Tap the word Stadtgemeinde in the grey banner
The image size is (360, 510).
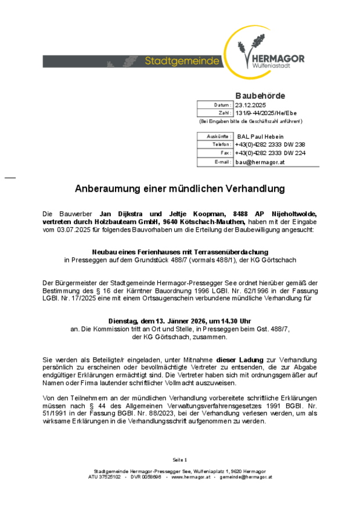coord(182,61)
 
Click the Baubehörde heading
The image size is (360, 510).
coord(260,95)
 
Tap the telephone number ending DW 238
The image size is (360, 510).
coord(270,144)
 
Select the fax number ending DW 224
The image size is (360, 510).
coord(270,153)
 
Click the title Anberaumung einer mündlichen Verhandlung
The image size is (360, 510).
coord(179,189)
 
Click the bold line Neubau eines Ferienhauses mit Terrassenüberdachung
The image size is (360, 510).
coord(180,252)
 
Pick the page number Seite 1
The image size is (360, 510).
coord(179,459)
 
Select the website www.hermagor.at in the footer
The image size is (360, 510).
coord(190,477)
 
